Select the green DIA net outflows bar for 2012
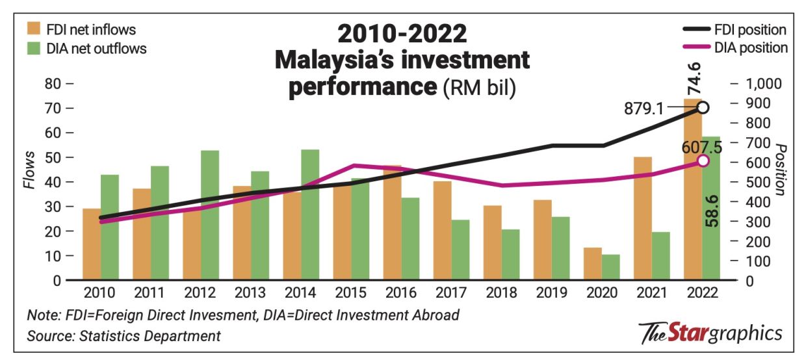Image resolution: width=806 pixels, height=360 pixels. pyautogui.click(x=209, y=215)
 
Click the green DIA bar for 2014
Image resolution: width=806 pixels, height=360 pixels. pyautogui.click(x=310, y=215)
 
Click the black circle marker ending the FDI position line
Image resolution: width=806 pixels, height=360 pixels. pyautogui.click(x=703, y=108)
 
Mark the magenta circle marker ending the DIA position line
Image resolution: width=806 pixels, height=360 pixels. pyautogui.click(x=703, y=161)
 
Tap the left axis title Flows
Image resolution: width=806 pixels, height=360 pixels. pyautogui.click(x=30, y=170)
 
